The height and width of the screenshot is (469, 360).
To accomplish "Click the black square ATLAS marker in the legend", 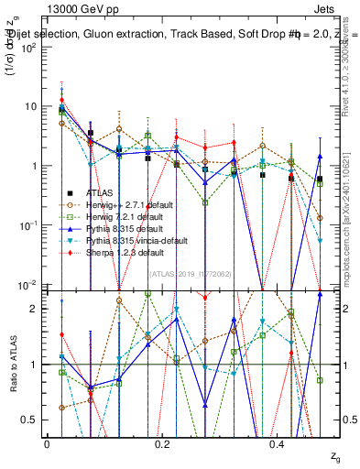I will click(x=69, y=192).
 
